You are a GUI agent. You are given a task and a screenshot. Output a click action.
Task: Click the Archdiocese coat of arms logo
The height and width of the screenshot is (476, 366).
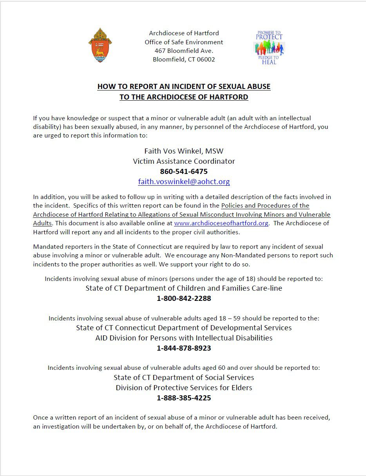point(100,45)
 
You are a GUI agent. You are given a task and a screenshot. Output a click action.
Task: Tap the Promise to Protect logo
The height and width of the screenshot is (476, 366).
point(269,47)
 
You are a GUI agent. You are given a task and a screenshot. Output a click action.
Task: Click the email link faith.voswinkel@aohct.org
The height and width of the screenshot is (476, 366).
point(184,182)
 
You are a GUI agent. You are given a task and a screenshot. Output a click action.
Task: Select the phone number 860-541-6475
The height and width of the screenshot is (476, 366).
point(184,172)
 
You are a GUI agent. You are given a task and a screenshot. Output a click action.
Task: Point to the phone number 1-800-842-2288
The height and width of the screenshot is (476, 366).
point(184,299)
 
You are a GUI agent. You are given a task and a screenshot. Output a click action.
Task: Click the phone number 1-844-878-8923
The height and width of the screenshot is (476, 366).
point(184,348)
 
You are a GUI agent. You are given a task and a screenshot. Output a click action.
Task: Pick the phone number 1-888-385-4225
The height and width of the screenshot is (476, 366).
point(184,398)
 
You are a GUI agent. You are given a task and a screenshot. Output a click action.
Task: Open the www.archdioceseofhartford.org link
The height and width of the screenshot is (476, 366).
point(221,223)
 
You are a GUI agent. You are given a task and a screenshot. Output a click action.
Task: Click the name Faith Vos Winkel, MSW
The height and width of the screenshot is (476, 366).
point(184,151)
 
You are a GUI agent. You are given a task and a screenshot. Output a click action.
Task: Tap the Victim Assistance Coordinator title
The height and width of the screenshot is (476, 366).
point(184,161)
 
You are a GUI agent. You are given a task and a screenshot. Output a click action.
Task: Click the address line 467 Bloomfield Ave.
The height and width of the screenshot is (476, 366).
point(184,51)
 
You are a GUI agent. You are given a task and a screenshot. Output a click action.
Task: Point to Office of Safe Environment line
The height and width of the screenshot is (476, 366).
point(184,42)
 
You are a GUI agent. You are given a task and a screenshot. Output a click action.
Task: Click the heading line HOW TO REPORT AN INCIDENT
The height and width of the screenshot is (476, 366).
point(184,87)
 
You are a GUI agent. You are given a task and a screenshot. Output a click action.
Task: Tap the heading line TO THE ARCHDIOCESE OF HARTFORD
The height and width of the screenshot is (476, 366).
point(184,97)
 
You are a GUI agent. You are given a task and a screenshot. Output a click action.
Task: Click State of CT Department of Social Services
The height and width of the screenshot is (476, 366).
point(184,378)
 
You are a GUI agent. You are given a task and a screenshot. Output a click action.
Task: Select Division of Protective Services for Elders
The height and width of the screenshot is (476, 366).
point(184,388)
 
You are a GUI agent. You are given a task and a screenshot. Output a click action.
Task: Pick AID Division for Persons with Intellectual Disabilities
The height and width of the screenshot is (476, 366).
point(184,338)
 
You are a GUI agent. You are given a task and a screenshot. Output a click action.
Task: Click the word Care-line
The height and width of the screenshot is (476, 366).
point(267,288)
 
